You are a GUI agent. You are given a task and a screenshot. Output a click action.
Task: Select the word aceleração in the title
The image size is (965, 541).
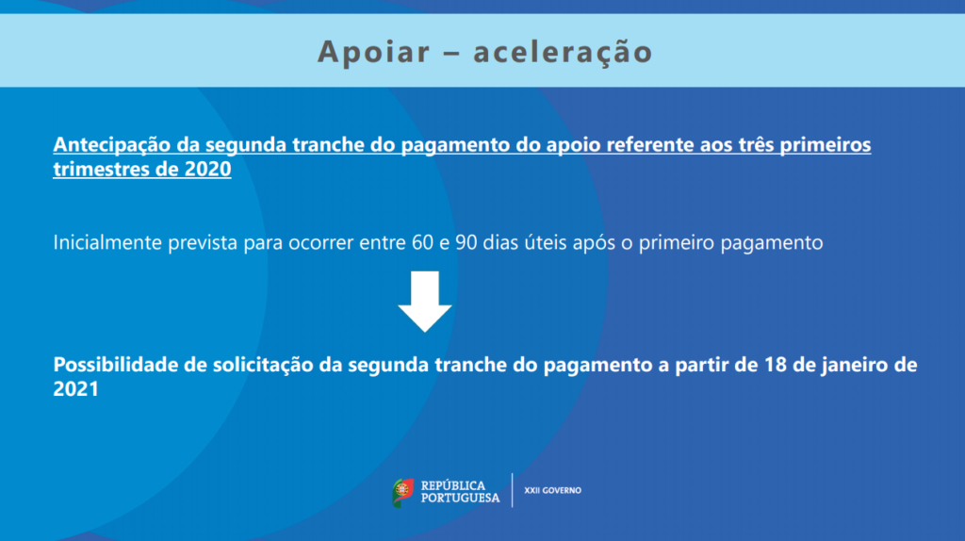click(563, 51)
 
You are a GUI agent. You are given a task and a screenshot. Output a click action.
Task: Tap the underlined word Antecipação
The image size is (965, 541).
click(111, 145)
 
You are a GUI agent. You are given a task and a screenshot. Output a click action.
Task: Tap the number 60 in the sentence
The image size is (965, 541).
click(422, 242)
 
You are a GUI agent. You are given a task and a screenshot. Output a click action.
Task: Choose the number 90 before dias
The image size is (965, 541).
click(466, 242)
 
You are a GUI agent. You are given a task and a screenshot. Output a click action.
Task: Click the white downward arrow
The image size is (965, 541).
click(425, 301)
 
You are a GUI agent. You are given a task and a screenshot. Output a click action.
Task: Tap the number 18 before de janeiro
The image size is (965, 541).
click(776, 365)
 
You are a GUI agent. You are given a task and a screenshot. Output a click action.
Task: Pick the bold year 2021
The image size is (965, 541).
click(75, 389)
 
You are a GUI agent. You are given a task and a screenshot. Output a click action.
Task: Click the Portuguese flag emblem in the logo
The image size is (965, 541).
click(403, 492)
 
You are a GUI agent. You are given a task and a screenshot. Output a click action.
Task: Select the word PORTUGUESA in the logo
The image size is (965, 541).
click(460, 498)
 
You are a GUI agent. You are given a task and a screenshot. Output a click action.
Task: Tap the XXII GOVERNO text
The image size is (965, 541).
click(552, 490)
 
